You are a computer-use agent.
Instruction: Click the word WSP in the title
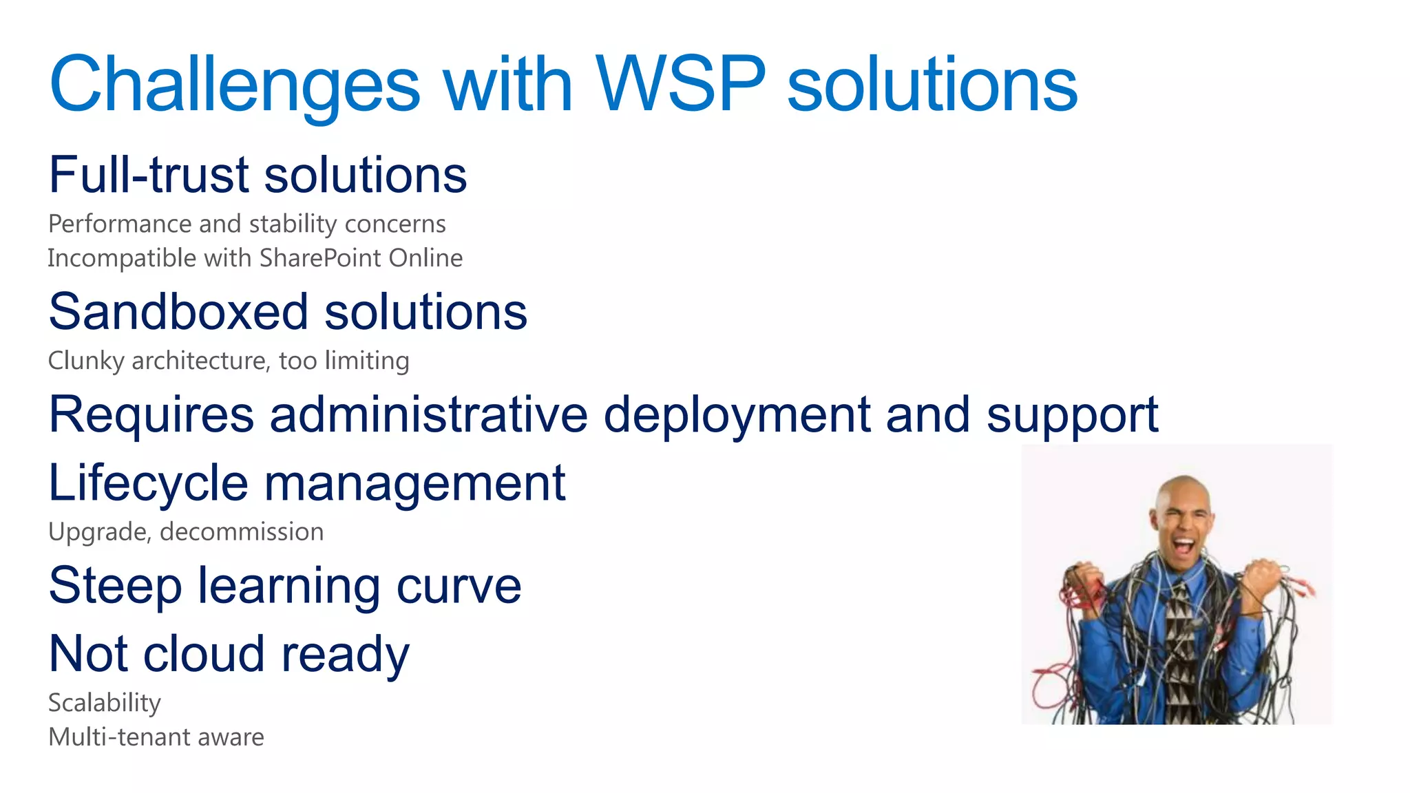(x=680, y=84)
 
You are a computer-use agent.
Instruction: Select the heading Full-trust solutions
(x=257, y=175)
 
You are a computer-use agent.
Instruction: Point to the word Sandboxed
(x=178, y=312)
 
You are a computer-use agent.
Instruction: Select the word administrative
(x=428, y=414)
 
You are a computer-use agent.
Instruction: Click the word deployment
(x=737, y=416)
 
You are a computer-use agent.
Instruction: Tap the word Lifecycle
(x=148, y=483)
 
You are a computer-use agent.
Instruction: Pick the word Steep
(x=115, y=586)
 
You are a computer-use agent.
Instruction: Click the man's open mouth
(x=1183, y=547)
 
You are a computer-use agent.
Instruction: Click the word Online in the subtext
(x=425, y=258)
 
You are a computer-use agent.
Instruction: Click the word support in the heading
(x=1072, y=416)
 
